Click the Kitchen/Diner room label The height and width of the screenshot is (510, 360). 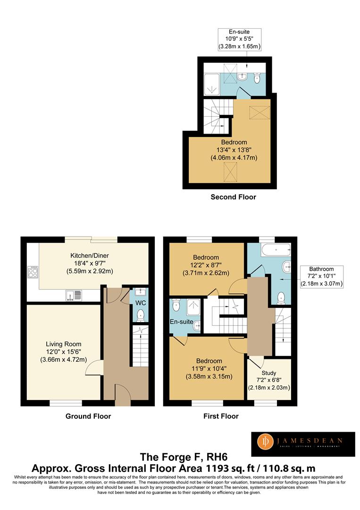pyautogui.click(x=90, y=255)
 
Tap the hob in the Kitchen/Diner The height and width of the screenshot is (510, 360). pyautogui.click(x=33, y=272)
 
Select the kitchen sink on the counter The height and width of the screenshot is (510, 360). pyautogui.click(x=74, y=295)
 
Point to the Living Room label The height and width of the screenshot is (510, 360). pyautogui.click(x=63, y=344)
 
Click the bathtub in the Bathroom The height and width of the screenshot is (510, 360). pyautogui.click(x=276, y=250)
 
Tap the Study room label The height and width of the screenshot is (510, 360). pyautogui.click(x=268, y=373)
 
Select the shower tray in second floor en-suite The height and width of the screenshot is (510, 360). pyautogui.click(x=211, y=84)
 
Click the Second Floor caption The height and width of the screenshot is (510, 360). pyautogui.click(x=233, y=197)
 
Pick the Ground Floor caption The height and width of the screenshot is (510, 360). pyautogui.click(x=88, y=416)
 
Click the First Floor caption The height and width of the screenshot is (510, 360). pyautogui.click(x=221, y=416)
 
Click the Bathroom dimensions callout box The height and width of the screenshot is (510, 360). pyautogui.click(x=321, y=276)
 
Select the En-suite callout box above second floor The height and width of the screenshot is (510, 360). pyautogui.click(x=239, y=39)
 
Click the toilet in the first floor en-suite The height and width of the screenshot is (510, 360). pyautogui.click(x=176, y=305)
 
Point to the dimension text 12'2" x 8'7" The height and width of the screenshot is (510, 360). pyautogui.click(x=206, y=265)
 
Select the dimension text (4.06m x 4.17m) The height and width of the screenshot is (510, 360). pyautogui.click(x=234, y=158)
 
